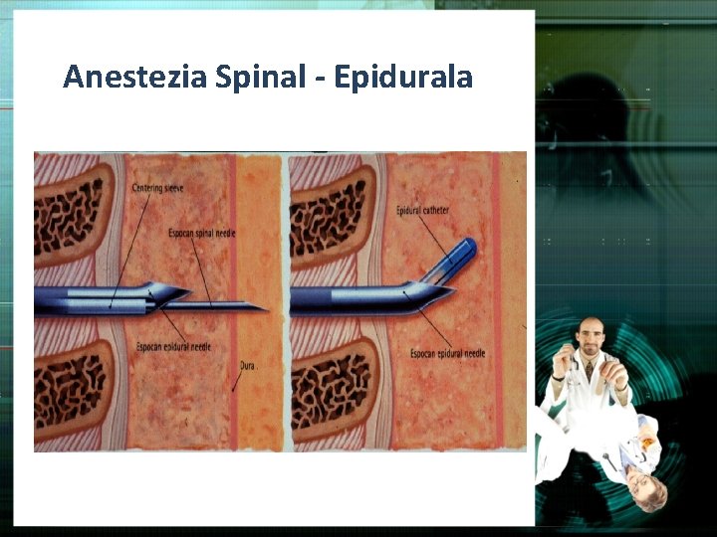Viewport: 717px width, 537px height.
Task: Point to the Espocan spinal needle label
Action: [203, 233]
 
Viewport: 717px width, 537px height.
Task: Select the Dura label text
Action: [249, 365]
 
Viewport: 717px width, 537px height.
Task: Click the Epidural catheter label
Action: [423, 211]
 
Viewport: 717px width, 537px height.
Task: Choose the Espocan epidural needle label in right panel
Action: [448, 353]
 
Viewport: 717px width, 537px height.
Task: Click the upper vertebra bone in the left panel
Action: [70, 210]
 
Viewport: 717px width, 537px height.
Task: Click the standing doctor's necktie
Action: [590, 371]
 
